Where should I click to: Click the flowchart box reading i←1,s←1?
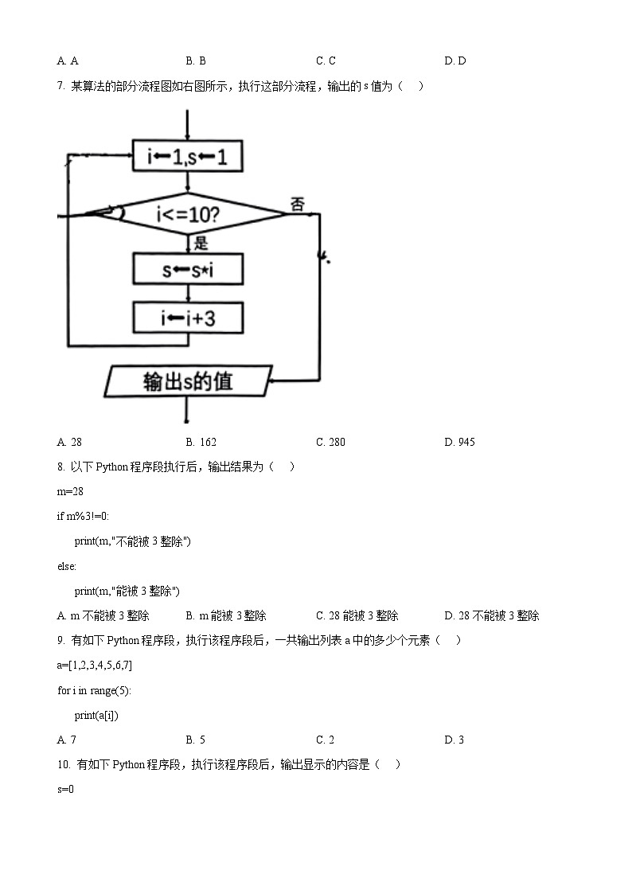click(x=188, y=157)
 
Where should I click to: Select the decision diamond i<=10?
click(x=188, y=213)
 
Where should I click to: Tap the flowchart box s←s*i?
click(x=188, y=270)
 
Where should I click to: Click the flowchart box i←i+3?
click(x=188, y=318)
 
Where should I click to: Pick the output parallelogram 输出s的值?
click(x=188, y=381)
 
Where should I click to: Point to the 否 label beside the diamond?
click(x=298, y=205)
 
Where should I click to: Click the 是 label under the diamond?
click(x=201, y=244)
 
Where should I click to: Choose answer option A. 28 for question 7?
click(x=70, y=442)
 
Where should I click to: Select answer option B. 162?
click(x=201, y=442)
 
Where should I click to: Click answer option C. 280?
click(x=330, y=442)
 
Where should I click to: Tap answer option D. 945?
click(x=459, y=442)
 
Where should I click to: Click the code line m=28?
click(x=70, y=492)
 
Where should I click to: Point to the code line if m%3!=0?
click(x=83, y=517)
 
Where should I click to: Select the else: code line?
click(x=67, y=566)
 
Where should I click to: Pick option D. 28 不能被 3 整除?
click(x=492, y=615)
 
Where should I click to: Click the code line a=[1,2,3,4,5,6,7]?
click(x=95, y=666)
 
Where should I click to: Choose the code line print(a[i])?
click(x=96, y=715)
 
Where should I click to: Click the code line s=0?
click(x=65, y=789)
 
